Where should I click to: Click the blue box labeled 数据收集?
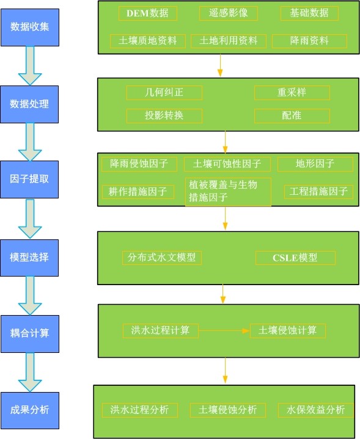click(x=30, y=27)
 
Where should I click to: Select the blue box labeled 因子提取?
click(x=29, y=179)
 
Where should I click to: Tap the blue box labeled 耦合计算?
click(x=30, y=334)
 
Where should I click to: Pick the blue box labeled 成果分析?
click(x=30, y=410)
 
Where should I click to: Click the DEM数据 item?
click(x=148, y=13)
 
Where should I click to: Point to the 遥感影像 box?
click(x=229, y=13)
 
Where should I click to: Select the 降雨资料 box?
click(x=309, y=41)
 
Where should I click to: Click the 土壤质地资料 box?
click(x=148, y=41)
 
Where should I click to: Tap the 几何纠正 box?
click(x=164, y=93)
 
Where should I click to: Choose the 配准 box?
click(x=292, y=116)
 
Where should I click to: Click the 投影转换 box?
click(x=164, y=116)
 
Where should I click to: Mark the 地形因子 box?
click(x=315, y=164)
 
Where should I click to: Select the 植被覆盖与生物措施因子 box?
click(x=228, y=192)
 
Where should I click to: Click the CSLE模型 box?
click(x=295, y=258)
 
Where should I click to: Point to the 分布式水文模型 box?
click(x=162, y=258)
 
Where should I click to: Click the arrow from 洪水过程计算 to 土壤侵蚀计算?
click(x=224, y=331)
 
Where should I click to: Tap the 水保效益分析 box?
click(x=316, y=410)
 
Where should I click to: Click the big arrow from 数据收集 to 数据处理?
click(x=30, y=66)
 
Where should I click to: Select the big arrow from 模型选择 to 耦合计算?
click(x=30, y=296)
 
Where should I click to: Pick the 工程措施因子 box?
click(x=318, y=192)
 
